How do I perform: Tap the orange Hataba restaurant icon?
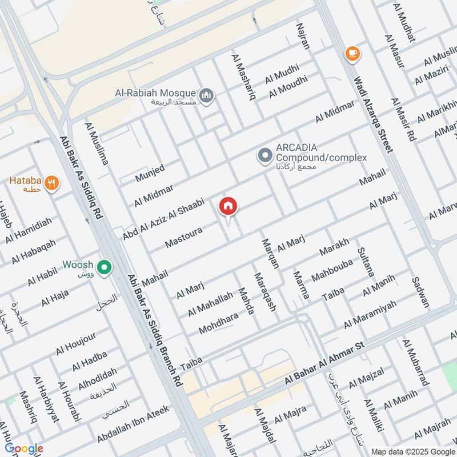tap(52, 183)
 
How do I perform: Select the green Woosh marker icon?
tap(104, 267)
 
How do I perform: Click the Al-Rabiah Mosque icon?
tap(207, 94)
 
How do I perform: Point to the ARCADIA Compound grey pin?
tap(264, 155)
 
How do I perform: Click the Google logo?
tap(24, 448)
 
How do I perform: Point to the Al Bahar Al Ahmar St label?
tap(324, 363)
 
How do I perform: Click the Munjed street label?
tap(150, 173)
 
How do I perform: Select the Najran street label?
tap(303, 36)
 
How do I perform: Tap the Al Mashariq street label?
tap(243, 77)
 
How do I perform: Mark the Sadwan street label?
tap(420, 292)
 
